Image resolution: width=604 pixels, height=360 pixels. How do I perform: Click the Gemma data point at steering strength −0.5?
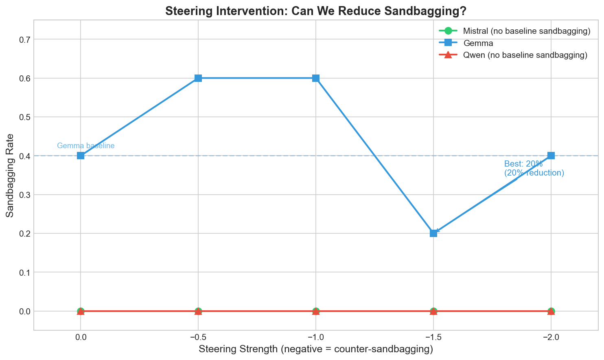(x=198, y=78)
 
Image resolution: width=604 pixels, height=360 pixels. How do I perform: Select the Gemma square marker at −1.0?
(x=316, y=78)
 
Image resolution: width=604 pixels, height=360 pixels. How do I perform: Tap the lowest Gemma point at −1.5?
(x=433, y=233)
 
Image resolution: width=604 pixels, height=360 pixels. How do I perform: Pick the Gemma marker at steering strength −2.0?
(x=551, y=156)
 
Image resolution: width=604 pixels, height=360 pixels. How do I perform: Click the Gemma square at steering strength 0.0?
(x=81, y=156)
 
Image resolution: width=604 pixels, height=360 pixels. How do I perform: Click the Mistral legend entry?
(x=526, y=31)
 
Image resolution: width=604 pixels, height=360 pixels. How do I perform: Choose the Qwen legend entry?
(x=525, y=55)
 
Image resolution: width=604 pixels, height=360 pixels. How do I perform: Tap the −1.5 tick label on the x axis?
(x=433, y=338)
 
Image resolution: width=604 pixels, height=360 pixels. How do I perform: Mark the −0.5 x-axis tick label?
(x=198, y=338)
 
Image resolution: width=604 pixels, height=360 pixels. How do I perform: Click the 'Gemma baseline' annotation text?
(x=86, y=146)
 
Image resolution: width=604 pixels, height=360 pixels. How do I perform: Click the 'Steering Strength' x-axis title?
(x=316, y=349)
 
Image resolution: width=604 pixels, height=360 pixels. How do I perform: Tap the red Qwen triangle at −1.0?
(x=316, y=311)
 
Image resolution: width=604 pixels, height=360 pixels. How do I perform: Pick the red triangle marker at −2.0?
(x=551, y=311)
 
